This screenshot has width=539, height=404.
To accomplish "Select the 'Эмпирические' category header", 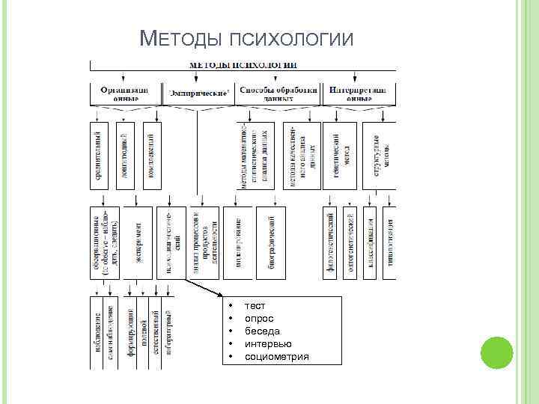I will [198, 94].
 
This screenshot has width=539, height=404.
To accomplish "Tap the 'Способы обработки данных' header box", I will [278, 94].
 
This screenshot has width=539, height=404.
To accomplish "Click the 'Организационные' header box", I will [125, 94].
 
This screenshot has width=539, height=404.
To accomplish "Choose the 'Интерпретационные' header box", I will [359, 94].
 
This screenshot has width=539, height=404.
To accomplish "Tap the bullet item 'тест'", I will [255, 306].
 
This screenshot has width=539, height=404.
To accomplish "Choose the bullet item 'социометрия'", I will [276, 357].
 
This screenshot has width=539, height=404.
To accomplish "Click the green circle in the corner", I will [495, 355].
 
